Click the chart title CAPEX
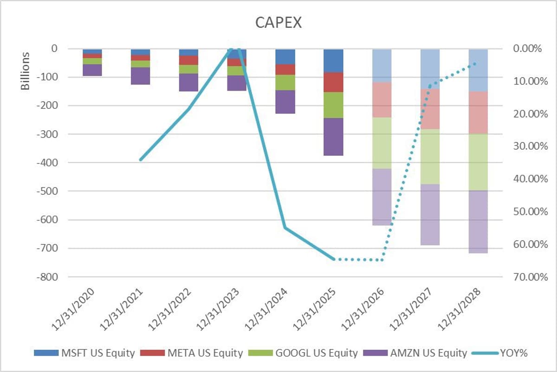tap(278, 23)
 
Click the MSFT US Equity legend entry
tap(98, 353)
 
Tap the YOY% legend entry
tap(513, 353)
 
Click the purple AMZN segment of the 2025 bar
tap(333, 137)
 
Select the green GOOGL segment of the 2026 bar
tap(382, 143)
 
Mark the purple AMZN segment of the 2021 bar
tap(140, 76)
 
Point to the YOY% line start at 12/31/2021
tap(140, 159)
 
